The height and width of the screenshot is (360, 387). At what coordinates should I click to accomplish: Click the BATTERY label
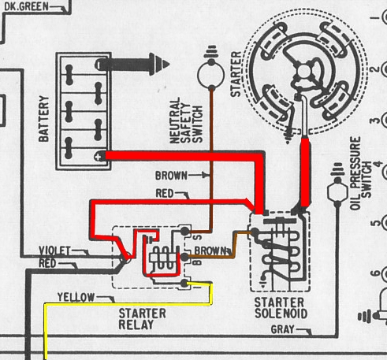point(43,119)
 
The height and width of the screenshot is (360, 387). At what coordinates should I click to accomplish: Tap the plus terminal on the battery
point(98,157)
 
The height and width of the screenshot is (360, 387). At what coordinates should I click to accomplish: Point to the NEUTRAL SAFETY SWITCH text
point(186,121)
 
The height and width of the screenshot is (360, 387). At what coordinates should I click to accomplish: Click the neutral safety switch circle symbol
point(211,75)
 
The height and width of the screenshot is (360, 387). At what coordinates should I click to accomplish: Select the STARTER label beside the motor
point(236,74)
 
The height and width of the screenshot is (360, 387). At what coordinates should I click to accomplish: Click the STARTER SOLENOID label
point(281,308)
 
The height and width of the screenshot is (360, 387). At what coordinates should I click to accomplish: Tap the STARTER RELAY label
point(142,319)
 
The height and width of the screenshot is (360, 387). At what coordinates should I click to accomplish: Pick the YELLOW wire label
point(76,297)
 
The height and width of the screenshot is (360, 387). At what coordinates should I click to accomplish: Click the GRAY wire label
point(282,329)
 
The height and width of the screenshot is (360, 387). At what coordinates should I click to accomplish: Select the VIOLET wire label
point(54,251)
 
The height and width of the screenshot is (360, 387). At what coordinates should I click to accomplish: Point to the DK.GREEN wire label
point(26,6)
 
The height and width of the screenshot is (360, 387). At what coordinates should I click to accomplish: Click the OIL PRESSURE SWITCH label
point(361,173)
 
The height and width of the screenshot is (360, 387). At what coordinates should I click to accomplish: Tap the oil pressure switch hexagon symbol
point(337,191)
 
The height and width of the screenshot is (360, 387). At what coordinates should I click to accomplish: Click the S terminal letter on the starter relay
point(199,237)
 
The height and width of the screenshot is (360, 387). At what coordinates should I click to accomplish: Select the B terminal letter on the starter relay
point(198,262)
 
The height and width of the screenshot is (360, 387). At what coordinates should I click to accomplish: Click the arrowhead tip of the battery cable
point(169,65)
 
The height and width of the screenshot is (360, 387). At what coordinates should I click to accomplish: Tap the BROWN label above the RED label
point(171,176)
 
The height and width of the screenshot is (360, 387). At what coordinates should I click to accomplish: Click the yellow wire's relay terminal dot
point(184,283)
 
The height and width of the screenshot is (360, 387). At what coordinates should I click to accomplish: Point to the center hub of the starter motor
point(305,72)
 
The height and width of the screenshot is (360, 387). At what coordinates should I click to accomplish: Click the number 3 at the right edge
point(376,121)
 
